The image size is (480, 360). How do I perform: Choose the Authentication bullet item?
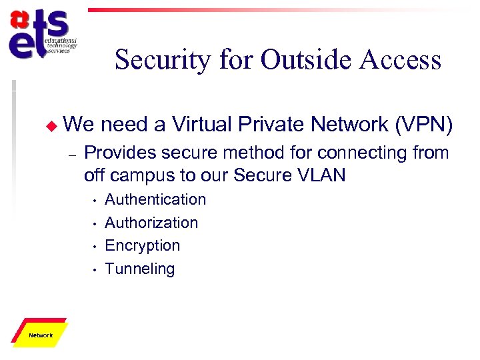[155, 199]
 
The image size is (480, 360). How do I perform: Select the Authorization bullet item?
[151, 223]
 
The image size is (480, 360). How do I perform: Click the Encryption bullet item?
[142, 245]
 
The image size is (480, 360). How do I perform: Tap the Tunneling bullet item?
[140, 269]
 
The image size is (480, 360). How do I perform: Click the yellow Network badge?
[41, 334]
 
